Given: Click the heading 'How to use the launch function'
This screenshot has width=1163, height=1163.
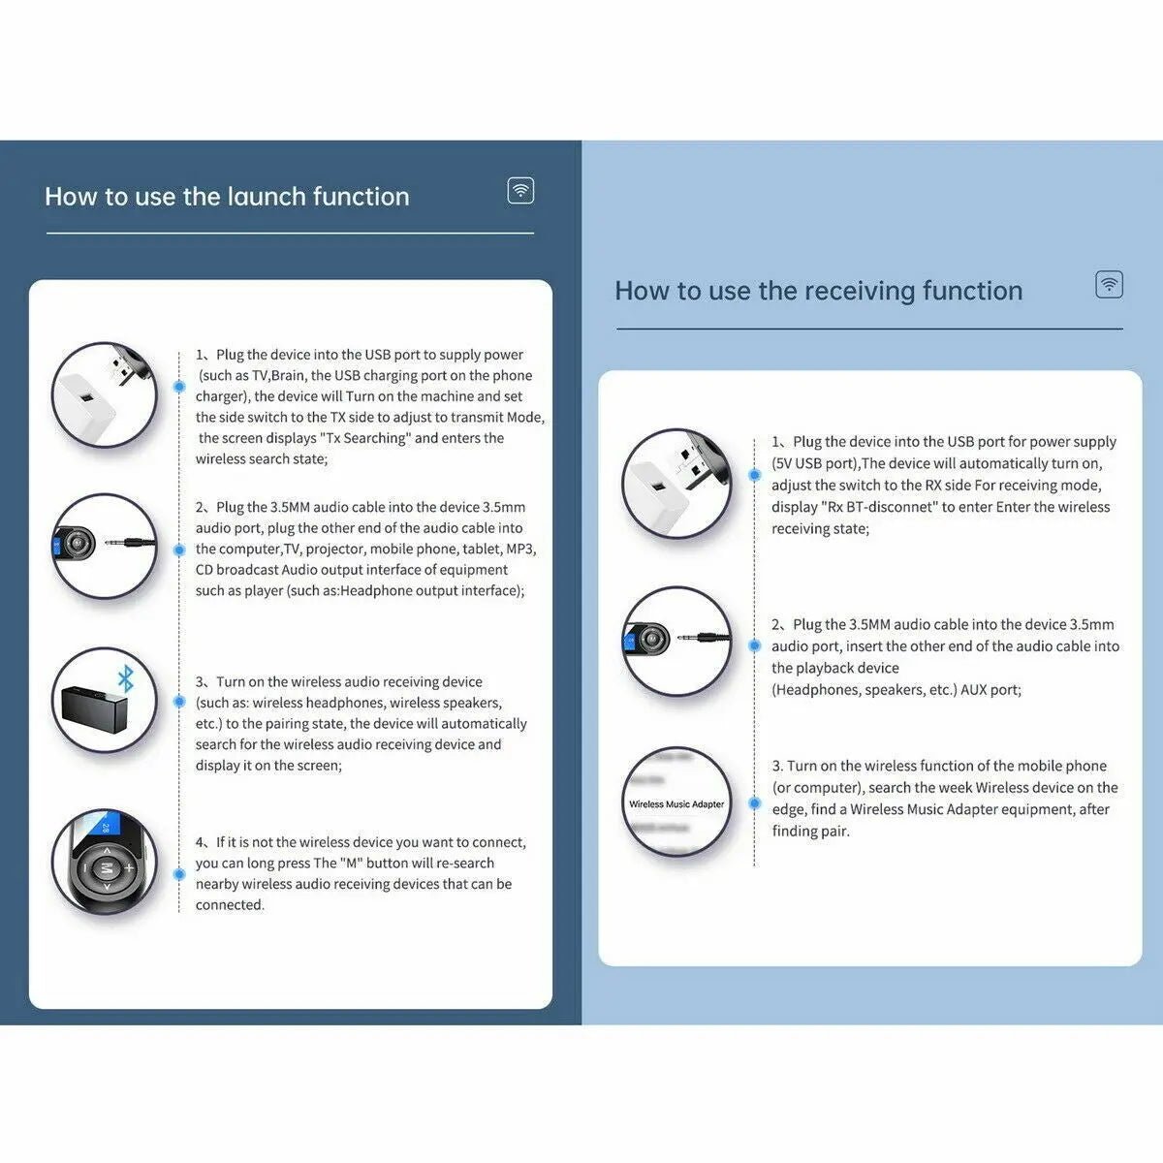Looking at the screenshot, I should pyautogui.click(x=227, y=197).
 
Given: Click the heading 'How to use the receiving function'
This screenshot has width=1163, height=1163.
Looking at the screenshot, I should pyautogui.click(x=818, y=291).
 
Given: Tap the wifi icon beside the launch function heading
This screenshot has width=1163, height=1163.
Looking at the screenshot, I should pyautogui.click(x=521, y=190).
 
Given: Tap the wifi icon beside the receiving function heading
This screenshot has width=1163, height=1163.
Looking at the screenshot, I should pyautogui.click(x=1109, y=284).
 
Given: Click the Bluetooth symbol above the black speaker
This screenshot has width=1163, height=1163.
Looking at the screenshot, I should pyautogui.click(x=125, y=679).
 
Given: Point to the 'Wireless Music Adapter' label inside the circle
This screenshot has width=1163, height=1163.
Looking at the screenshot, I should pyautogui.click(x=676, y=804).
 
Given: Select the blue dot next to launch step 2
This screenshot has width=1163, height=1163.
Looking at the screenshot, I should pyautogui.click(x=179, y=550).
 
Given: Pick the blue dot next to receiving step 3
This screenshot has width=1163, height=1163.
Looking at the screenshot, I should pyautogui.click(x=754, y=802).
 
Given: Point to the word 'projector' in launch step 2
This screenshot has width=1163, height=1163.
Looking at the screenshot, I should pyautogui.click(x=334, y=549).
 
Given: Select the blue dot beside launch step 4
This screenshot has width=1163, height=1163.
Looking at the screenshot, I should pyautogui.click(x=179, y=873).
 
